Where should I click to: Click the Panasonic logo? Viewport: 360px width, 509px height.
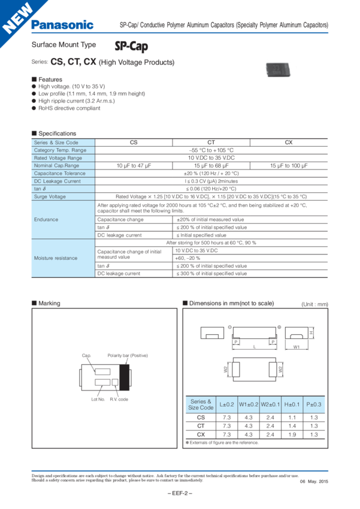pos(62,24)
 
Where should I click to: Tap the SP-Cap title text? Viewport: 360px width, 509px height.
pos(131,47)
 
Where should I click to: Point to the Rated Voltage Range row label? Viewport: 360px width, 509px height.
pos(59,157)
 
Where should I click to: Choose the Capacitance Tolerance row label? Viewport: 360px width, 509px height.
pos(60,173)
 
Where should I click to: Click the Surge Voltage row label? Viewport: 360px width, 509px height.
pos(51,196)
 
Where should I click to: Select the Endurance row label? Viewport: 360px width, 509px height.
pos(46,219)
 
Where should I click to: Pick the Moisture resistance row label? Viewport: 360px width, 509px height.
pos(56,257)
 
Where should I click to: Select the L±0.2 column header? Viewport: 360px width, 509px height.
pos(228,404)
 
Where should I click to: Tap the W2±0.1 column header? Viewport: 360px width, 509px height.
pos(271,404)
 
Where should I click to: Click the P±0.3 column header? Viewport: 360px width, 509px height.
pos(313,404)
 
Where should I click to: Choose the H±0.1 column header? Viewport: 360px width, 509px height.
pos(292,404)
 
